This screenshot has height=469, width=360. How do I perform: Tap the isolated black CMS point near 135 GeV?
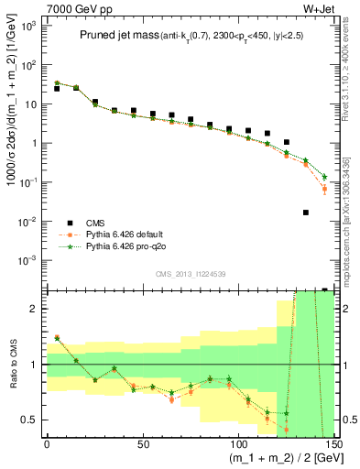click(x=306, y=213)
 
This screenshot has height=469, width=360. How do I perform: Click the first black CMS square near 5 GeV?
click(x=57, y=89)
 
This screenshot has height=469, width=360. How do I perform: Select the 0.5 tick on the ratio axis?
click(x=37, y=420)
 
